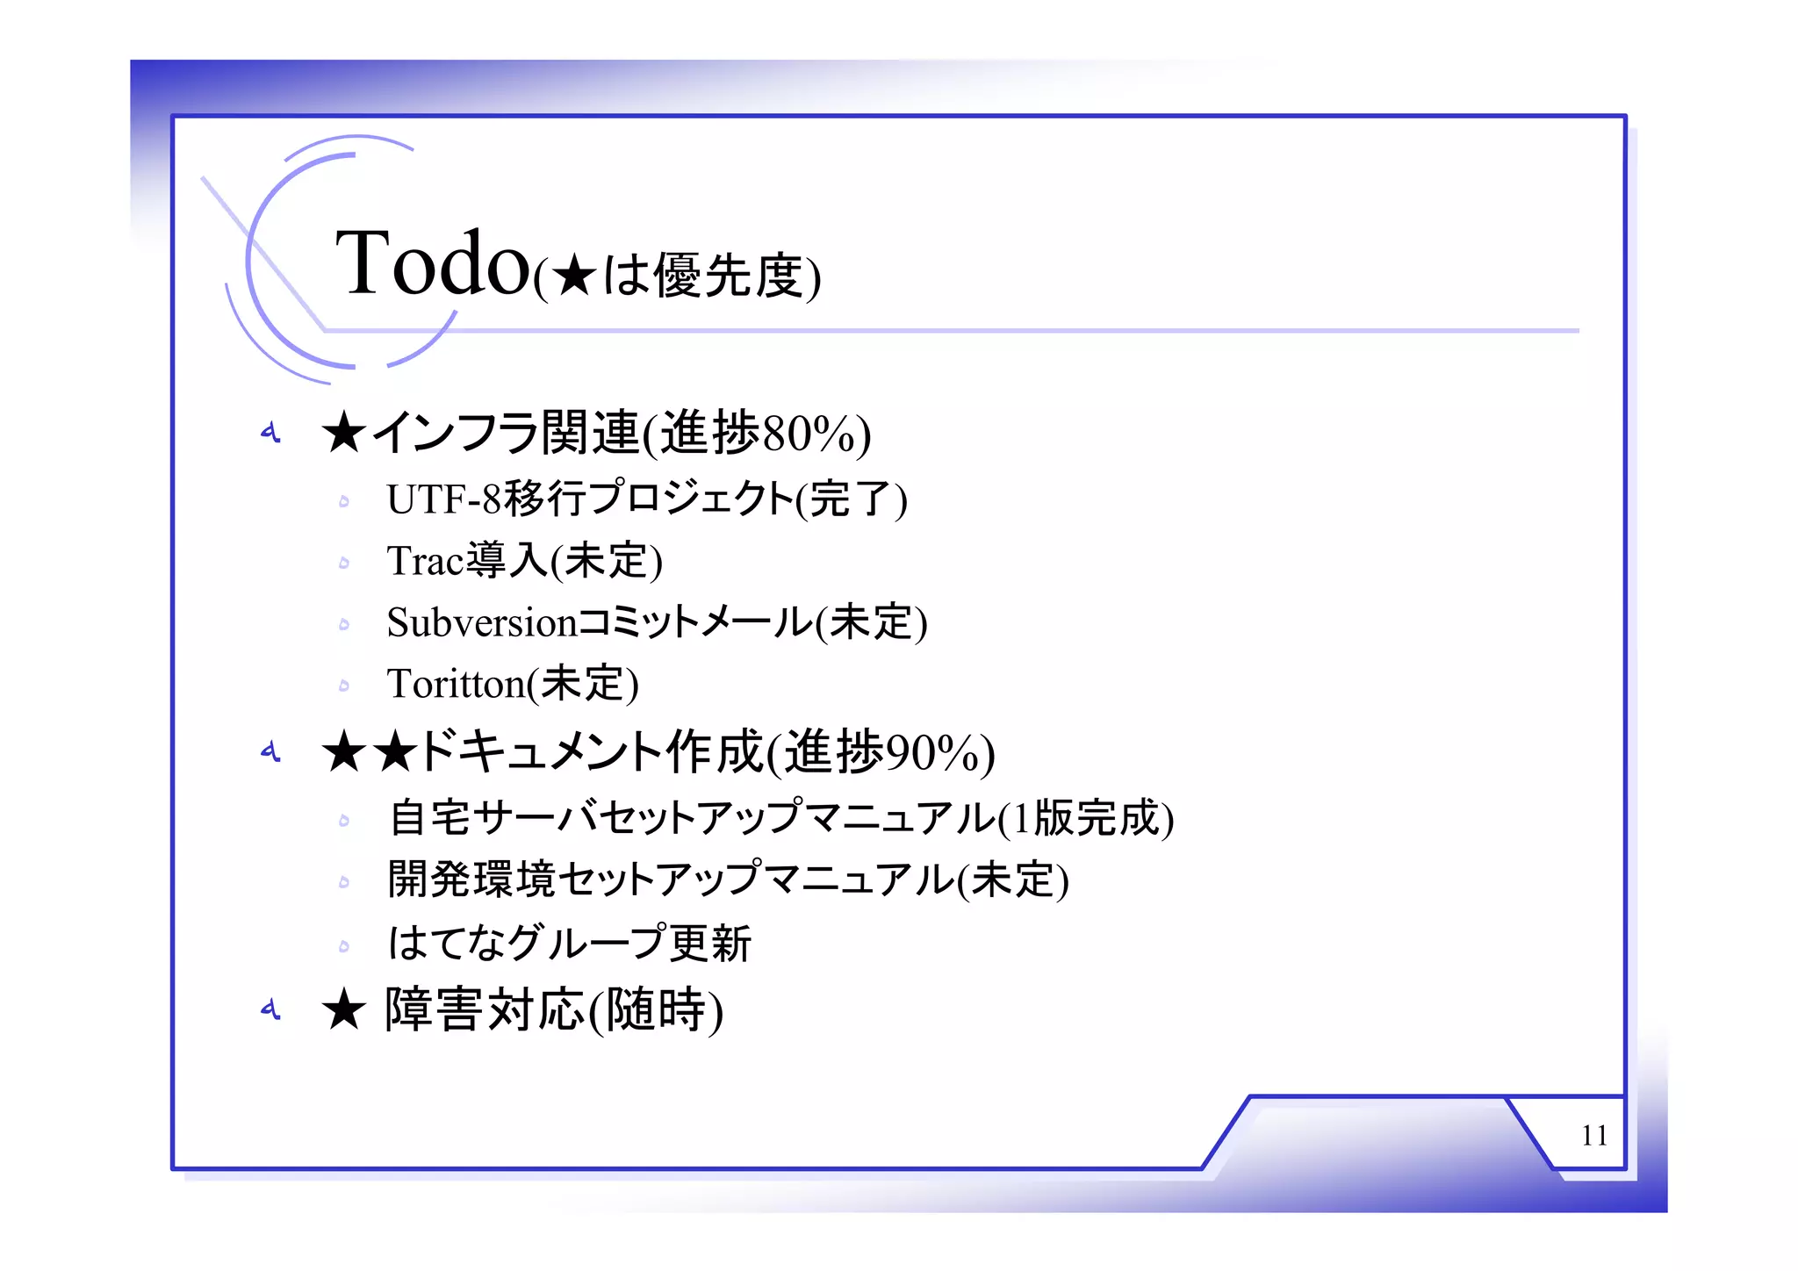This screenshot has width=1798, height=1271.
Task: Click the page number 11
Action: click(x=1593, y=1136)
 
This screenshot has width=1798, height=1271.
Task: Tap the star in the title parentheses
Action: click(x=575, y=276)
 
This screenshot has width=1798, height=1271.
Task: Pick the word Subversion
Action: click(x=481, y=622)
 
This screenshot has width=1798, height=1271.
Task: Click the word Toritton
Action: click(x=456, y=684)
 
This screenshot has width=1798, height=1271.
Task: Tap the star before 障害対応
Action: click(x=343, y=1009)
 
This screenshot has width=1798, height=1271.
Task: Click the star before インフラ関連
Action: click(x=343, y=434)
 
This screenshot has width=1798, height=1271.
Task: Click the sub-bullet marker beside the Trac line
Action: click(x=344, y=563)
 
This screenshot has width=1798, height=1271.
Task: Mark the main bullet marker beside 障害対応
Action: click(x=270, y=1009)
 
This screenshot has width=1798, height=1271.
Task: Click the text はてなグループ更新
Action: click(x=570, y=944)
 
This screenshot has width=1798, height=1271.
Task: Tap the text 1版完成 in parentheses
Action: click(x=1085, y=818)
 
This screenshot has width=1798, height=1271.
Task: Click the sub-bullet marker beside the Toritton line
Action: click(x=344, y=686)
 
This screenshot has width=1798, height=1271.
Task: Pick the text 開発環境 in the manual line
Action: click(x=471, y=880)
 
